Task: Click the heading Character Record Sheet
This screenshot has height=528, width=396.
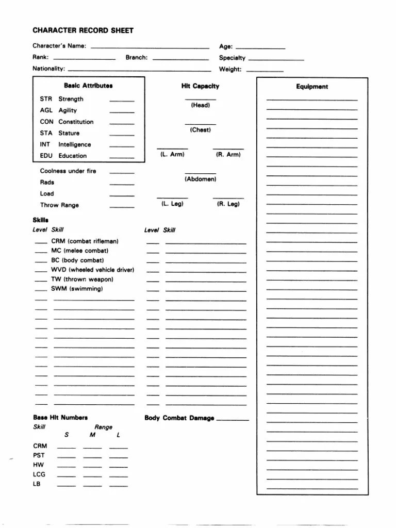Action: [83, 30]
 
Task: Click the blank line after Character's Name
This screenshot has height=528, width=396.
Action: [150, 48]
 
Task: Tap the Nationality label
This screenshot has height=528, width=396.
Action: [48, 69]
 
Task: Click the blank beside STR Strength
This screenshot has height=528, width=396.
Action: [122, 101]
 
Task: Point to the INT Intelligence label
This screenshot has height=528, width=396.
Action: [65, 145]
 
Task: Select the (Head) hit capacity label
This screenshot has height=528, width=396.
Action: [201, 105]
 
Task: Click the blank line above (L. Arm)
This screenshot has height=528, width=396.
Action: [172, 148]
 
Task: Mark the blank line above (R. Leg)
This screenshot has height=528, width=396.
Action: [228, 197]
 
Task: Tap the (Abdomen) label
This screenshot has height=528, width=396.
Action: [201, 179]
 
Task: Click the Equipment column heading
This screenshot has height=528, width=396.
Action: [312, 87]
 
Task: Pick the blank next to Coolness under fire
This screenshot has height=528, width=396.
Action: [122, 173]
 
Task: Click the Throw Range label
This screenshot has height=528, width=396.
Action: [59, 205]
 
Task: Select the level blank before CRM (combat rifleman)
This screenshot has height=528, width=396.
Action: [41, 243]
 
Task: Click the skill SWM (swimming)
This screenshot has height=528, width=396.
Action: [77, 289]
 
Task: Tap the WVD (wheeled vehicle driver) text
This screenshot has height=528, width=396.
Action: [92, 270]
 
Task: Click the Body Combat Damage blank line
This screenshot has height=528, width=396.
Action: [233, 420]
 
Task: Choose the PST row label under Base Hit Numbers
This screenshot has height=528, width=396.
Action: [39, 455]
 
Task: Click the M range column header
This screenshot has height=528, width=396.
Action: [92, 435]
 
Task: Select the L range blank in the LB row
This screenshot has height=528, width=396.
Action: [119, 486]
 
